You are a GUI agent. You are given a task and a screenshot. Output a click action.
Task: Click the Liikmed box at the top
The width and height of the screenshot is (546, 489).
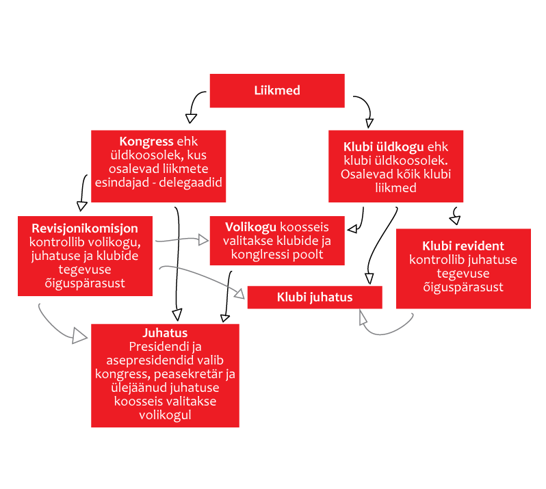277,90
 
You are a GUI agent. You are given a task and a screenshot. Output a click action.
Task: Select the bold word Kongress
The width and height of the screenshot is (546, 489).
146,142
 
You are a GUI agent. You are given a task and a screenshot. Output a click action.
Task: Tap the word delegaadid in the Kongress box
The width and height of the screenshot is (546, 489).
190,183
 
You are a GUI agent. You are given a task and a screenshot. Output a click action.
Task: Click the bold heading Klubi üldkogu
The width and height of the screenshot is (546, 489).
383,147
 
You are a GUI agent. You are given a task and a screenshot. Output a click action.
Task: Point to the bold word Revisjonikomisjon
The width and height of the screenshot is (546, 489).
85,228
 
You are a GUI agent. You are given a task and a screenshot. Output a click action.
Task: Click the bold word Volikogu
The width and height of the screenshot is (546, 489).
250,227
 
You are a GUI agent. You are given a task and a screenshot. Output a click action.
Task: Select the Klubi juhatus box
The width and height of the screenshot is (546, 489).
315,298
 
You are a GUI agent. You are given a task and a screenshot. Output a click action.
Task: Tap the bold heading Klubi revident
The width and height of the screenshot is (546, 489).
463,246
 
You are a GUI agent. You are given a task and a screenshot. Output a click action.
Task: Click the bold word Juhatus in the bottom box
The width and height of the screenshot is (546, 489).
165,333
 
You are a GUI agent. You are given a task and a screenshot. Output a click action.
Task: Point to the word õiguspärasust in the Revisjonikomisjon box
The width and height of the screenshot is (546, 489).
85,283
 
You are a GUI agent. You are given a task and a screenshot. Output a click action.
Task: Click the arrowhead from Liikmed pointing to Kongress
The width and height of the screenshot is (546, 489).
191,118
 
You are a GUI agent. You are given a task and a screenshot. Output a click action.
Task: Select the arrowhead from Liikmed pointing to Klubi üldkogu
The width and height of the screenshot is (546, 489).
369,123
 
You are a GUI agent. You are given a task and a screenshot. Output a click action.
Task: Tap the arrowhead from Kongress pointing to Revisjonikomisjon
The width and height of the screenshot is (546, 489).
81,206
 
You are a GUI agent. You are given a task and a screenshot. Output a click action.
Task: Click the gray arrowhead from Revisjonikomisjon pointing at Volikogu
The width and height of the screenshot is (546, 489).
203,240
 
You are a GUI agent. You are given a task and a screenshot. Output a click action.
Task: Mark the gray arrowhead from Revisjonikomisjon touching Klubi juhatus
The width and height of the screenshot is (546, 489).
239,294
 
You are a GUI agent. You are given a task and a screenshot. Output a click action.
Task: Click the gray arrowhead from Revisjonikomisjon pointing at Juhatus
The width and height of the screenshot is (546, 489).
80,336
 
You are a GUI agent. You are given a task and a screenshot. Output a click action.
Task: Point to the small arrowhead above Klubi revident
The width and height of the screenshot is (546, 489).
455,220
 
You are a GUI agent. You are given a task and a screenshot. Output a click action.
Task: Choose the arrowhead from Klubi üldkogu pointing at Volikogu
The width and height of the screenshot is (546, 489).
352,228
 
